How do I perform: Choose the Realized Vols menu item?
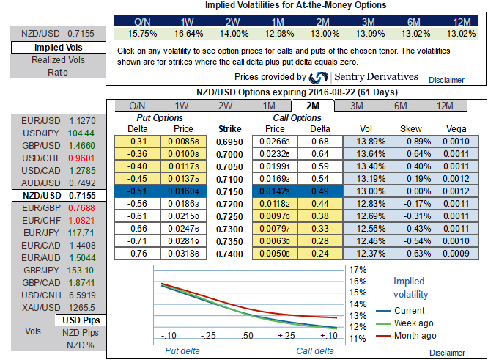click(x=48, y=60)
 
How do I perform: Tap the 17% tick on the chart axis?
click(x=358, y=269)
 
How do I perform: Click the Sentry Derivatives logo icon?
click(x=319, y=78)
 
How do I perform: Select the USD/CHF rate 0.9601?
click(x=81, y=158)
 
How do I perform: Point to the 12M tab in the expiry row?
click(x=444, y=106)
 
